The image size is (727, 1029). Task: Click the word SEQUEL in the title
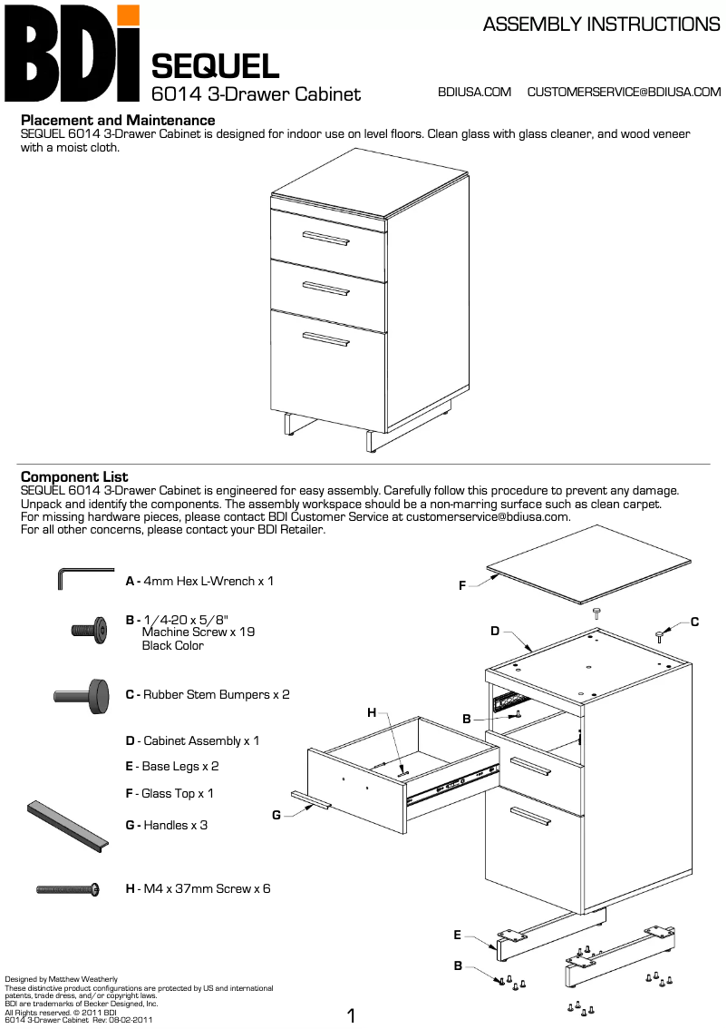point(215,66)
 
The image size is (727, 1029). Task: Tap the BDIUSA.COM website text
point(474,92)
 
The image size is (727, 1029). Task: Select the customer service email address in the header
point(624,92)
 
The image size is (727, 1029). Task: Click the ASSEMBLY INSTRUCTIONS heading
point(601,25)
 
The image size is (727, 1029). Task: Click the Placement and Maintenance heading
point(118,120)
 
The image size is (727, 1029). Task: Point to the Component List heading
point(74,476)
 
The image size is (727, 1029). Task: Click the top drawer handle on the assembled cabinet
point(326,239)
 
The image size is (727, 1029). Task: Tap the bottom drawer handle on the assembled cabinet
point(326,339)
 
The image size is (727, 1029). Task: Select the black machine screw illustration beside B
point(90,628)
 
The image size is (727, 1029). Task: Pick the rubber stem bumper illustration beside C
point(82,694)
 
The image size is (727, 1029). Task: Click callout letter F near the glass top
point(461,586)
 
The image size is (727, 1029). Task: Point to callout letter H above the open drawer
point(372,713)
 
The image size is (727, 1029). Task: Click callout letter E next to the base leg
point(458,935)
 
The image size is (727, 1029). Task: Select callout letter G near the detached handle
point(276,815)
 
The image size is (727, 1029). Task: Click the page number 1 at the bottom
point(352,1015)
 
